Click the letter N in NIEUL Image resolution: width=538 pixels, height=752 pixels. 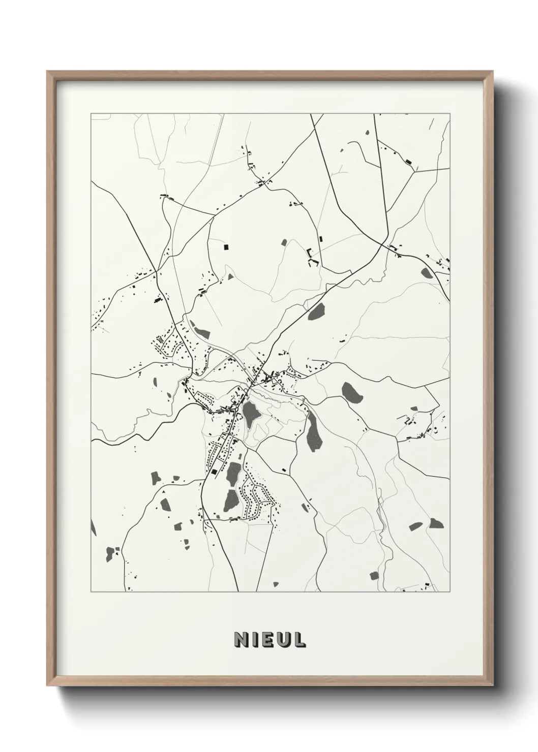pyautogui.click(x=240, y=640)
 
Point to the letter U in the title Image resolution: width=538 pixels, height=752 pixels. pyautogui.click(x=283, y=640)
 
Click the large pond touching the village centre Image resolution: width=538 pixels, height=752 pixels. pyautogui.click(x=251, y=414)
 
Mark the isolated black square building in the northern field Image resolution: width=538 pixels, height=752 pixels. pyautogui.click(x=227, y=247)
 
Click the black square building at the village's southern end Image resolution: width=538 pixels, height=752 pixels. pyautogui.click(x=214, y=473)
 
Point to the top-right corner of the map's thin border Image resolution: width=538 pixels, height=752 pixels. pyautogui.click(x=450, y=114)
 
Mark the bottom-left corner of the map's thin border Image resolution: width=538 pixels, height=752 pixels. pyautogui.click(x=91, y=592)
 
